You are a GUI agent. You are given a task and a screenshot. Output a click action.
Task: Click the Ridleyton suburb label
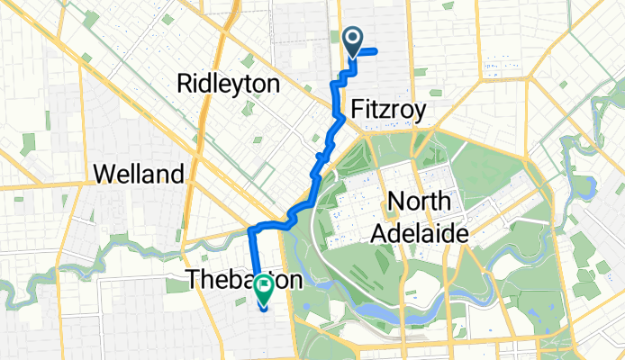pos(229,85)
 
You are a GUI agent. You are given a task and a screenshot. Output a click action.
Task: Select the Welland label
pos(139,173)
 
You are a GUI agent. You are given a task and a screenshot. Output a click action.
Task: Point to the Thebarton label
pos(243,280)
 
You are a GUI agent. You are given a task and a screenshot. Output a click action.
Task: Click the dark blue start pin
pos(352,40)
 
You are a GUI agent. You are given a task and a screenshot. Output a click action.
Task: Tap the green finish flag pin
pos(264,287)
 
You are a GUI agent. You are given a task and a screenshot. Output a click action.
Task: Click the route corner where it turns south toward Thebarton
pos(250,229)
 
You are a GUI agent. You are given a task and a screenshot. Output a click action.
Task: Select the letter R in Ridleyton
pos(186,85)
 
